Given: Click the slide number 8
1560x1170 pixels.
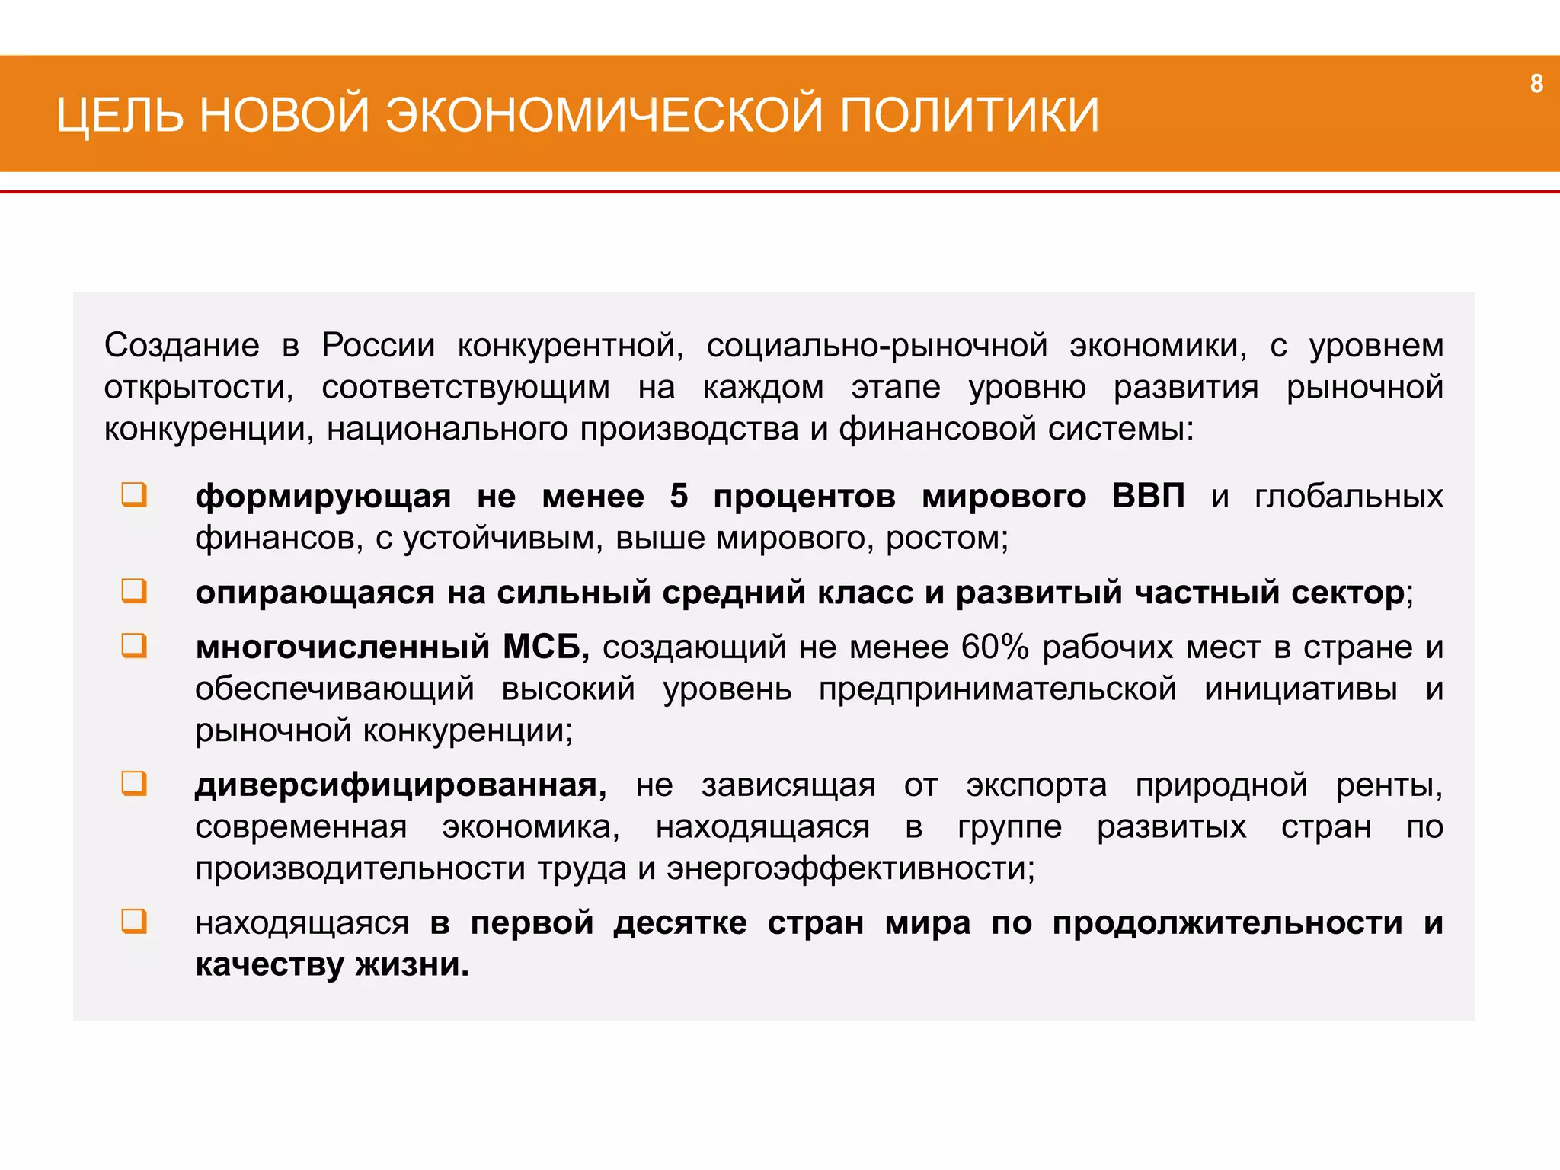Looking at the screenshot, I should click(x=1536, y=83).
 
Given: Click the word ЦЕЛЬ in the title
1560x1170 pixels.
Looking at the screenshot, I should click(x=120, y=116).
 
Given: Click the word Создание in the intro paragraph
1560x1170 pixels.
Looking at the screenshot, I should click(x=182, y=346).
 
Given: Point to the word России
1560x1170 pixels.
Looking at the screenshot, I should click(x=378, y=346).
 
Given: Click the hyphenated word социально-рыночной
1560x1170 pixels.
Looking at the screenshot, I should click(x=877, y=346).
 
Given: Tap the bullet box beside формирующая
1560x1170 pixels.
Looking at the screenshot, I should click(x=134, y=495).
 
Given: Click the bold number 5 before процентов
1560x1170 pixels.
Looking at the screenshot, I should click(x=679, y=497).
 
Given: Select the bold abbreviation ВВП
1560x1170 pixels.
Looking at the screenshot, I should click(x=1148, y=497).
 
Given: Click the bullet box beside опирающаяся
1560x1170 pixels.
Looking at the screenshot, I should click(x=134, y=591).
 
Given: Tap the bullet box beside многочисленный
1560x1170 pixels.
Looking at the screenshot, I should click(x=134, y=646).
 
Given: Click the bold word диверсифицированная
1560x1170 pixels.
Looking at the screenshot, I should click(x=401, y=785).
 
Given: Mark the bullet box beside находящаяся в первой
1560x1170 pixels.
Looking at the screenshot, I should click(x=134, y=922).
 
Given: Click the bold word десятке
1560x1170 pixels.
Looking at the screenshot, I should click(x=680, y=923).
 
